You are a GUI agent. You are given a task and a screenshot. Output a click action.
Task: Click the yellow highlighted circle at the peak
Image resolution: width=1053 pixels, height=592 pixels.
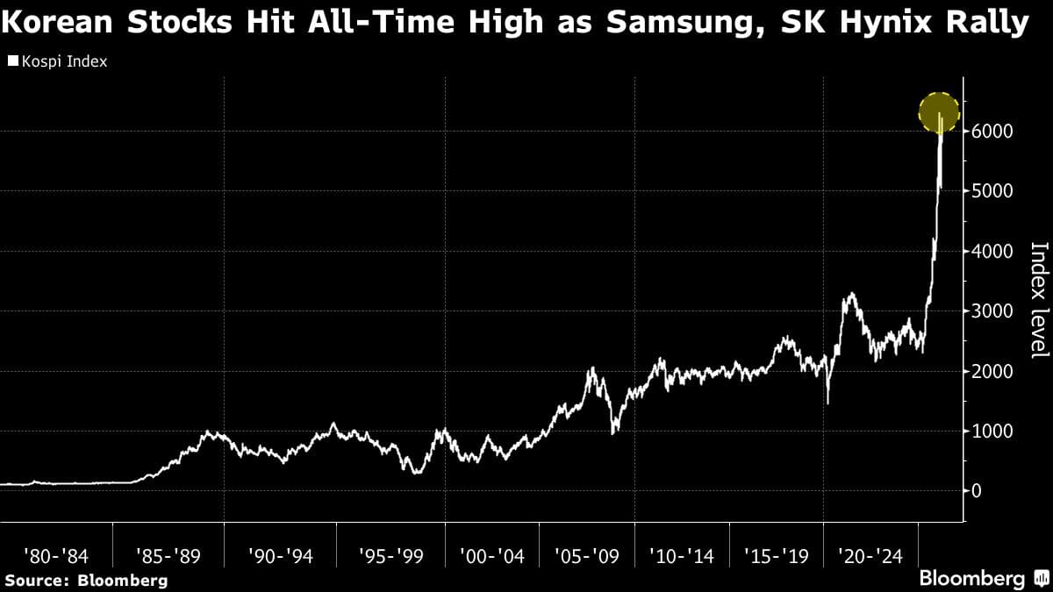tap(940, 112)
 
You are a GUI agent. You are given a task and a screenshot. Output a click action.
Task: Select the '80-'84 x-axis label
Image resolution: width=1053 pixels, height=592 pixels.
tap(56, 556)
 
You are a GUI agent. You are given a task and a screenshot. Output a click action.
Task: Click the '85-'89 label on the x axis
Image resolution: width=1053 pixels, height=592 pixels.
tap(168, 556)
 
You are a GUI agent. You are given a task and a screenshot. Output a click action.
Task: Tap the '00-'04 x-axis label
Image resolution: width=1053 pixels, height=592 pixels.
tap(492, 556)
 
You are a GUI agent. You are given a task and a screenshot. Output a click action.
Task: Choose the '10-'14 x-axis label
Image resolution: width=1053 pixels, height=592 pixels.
tap(682, 556)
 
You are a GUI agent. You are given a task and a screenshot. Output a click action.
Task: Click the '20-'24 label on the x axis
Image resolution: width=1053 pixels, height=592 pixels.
tap(870, 556)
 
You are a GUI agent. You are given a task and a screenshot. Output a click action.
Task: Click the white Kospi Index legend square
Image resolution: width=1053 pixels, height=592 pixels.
tap(12, 61)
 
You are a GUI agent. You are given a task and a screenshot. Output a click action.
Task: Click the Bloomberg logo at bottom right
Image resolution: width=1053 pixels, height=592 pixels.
tap(972, 579)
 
